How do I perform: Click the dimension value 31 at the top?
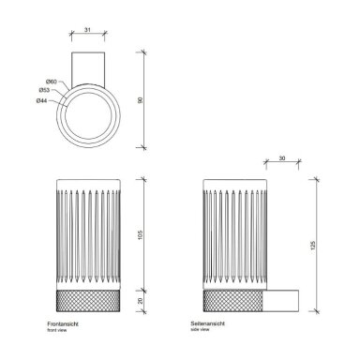[87, 30]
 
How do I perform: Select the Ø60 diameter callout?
[52, 82]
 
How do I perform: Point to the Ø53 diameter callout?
[44, 90]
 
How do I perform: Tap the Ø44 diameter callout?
[41, 101]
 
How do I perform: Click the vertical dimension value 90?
[141, 100]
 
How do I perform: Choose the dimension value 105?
[141, 235]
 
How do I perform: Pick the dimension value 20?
[141, 301]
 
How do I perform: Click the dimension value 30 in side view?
[282, 158]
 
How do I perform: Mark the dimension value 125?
[313, 246]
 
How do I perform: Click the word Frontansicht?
[63, 324]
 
